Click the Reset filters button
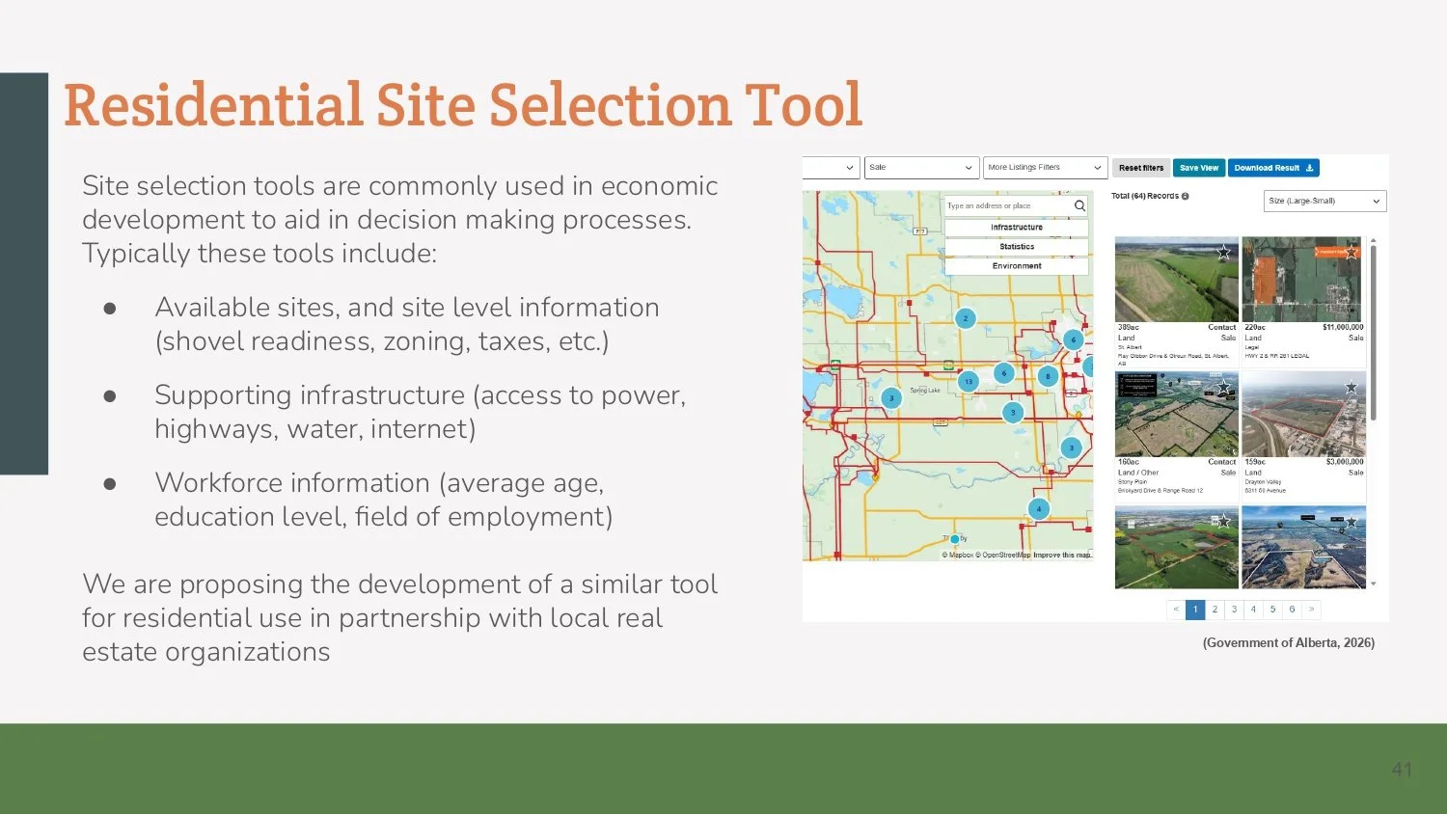tap(1141, 168)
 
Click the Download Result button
tap(1273, 168)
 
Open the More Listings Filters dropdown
tap(1045, 168)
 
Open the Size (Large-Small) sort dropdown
tap(1324, 201)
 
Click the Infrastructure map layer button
tap(1017, 228)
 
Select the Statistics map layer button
tap(1017, 247)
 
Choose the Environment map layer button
tap(1017, 266)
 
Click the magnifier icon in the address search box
tap(1079, 205)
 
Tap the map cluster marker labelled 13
tap(969, 381)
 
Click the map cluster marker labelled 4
tap(1039, 509)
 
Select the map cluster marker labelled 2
tap(965, 318)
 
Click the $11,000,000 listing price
tap(1343, 328)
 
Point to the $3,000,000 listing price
tap(1345, 462)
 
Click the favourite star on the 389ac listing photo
tap(1224, 252)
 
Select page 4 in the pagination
tap(1253, 610)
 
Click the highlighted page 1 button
tap(1195, 610)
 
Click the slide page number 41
tap(1402, 770)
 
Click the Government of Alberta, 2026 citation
tap(1288, 642)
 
